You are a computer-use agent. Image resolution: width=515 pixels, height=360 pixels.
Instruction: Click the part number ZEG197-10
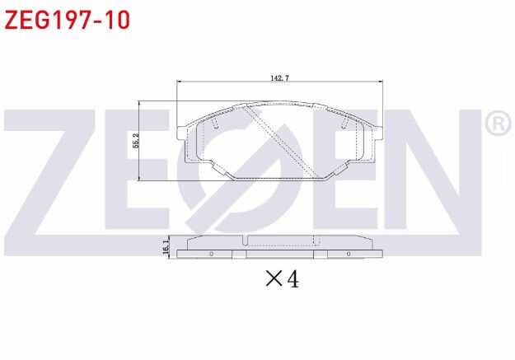pos(67,19)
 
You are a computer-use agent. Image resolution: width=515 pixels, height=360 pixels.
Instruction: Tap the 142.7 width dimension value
pos(280,77)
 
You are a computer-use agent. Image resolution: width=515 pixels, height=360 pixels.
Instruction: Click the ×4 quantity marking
pos(281,279)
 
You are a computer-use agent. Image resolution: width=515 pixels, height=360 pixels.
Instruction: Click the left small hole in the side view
pos(212,254)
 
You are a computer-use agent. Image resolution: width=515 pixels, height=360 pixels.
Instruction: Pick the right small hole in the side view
pos(349,254)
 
